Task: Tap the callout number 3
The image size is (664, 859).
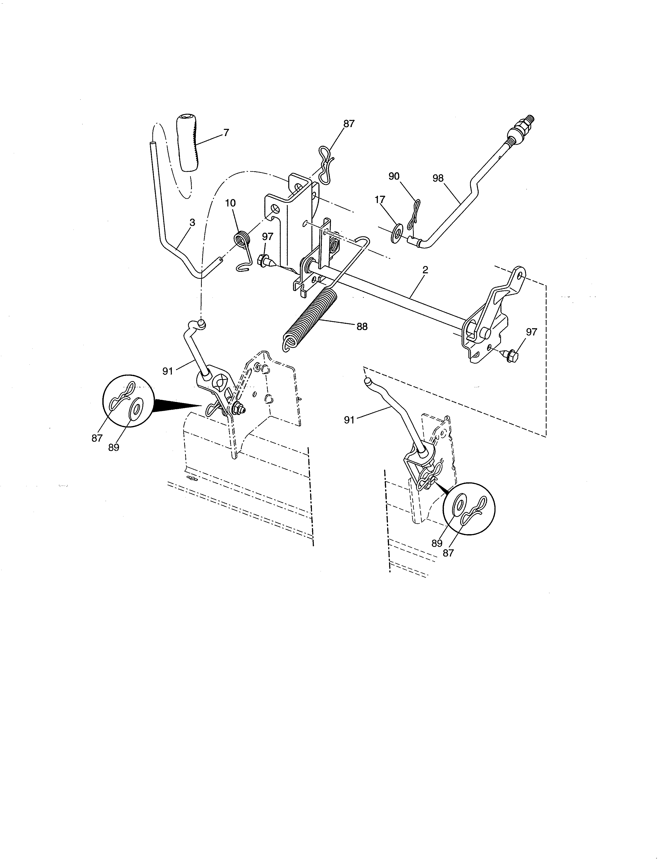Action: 192,223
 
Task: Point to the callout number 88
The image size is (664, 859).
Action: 362,326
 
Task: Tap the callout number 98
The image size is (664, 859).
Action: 438,178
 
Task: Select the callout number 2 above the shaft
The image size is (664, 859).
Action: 425,270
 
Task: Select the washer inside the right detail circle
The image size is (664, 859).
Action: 459,507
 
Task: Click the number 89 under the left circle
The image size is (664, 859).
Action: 114,448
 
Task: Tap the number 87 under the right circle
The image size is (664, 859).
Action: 448,553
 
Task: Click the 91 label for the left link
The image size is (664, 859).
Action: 168,371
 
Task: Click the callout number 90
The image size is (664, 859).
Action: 394,176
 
